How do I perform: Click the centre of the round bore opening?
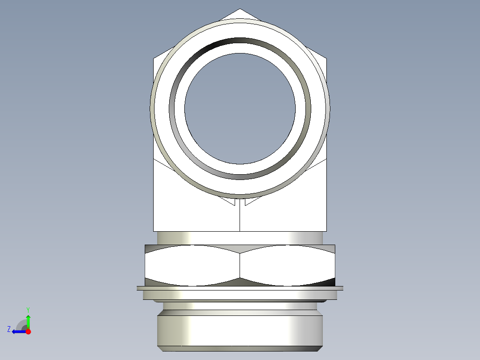pyautogui.click(x=240, y=108)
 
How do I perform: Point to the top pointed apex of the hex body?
pyautogui.click(x=240, y=10)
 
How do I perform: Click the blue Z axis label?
pyautogui.click(x=9, y=329)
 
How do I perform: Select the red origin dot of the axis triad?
pyautogui.click(x=28, y=331)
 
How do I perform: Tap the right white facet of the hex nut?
pyautogui.click(x=287, y=266)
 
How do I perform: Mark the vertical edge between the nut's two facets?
pyautogui.click(x=240, y=266)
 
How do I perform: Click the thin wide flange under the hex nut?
pyautogui.click(x=240, y=288)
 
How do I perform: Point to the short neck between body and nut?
pyautogui.click(x=240, y=238)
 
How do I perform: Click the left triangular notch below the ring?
pyautogui.click(x=230, y=202)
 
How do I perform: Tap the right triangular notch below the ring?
pyautogui.click(x=250, y=202)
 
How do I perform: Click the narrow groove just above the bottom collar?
pyautogui.click(x=240, y=306)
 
